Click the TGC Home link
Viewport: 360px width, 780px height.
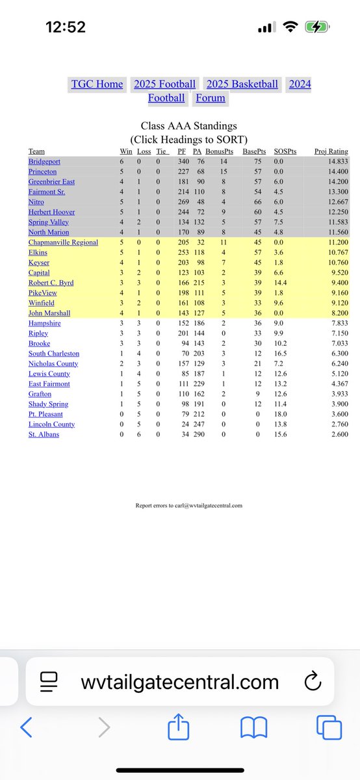97,84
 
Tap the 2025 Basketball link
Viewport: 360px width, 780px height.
242,84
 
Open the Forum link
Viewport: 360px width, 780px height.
211,98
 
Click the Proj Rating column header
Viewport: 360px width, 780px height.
331,151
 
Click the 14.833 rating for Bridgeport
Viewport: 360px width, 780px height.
335,161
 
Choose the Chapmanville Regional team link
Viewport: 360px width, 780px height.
63,242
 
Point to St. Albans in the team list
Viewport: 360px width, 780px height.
44,434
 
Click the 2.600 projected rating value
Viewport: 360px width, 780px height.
336,434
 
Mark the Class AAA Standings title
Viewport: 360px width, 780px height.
188,126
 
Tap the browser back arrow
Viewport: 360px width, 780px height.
27,728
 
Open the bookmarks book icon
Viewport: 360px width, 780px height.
253,728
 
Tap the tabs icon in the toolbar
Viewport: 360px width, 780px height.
329,728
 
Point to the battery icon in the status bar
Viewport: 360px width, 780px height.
319,27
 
